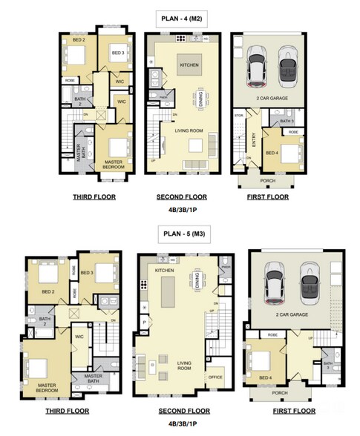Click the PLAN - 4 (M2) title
click(x=180, y=16)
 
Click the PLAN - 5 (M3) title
click(x=180, y=235)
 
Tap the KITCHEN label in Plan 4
click(x=189, y=66)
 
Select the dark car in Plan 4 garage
click(x=288, y=67)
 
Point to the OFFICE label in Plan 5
click(x=216, y=377)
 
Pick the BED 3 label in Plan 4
click(x=117, y=53)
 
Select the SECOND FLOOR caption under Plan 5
click(x=181, y=410)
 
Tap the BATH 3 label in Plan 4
click(x=287, y=121)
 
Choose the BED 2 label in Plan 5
click(x=48, y=292)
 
